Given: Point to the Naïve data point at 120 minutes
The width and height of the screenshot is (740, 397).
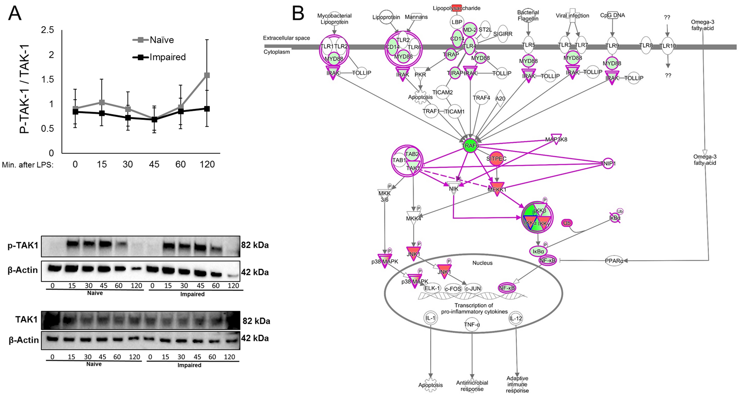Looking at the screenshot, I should click(x=207, y=75).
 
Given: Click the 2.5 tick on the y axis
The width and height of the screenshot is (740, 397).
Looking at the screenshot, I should click(x=47, y=30).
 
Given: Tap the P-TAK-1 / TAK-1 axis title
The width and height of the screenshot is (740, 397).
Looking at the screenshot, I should click(x=25, y=89).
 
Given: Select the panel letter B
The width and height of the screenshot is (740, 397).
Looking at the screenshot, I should click(x=298, y=13).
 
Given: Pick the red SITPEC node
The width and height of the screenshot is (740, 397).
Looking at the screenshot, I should click(x=496, y=159).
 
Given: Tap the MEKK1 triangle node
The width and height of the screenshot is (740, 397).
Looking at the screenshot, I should click(x=497, y=189).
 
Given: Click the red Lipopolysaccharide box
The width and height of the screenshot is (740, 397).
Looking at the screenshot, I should click(x=457, y=8).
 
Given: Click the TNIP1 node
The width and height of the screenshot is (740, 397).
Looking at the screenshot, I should click(x=608, y=163).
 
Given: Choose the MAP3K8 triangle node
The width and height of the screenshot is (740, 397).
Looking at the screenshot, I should click(x=556, y=139).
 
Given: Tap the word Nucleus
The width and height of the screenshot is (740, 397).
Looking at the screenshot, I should click(x=482, y=263).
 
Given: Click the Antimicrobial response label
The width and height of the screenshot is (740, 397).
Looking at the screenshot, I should click(x=472, y=386).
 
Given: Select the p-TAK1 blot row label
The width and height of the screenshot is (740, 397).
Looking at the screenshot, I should click(x=23, y=245).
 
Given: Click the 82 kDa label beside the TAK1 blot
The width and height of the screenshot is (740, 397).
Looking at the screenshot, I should click(x=256, y=321).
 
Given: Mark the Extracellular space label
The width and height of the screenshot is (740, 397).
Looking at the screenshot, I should click(x=286, y=38).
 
